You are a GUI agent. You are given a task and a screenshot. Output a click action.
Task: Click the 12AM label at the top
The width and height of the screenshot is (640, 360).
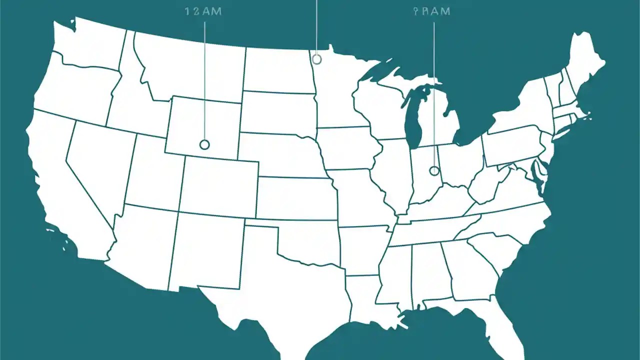pos(204,12)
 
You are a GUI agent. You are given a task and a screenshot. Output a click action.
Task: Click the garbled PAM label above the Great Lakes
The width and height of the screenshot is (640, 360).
pos(432,12)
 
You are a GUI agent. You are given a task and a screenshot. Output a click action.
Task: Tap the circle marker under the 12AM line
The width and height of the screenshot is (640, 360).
pos(204,144)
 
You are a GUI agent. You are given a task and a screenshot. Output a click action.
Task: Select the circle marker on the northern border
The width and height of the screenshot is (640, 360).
pos(316,59)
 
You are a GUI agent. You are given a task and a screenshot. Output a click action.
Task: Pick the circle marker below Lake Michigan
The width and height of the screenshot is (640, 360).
pos(434,171)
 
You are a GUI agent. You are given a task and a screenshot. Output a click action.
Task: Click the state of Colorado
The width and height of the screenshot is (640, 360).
pos(217,185)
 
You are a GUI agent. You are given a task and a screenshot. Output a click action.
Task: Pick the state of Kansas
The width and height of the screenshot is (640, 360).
pos(295,197)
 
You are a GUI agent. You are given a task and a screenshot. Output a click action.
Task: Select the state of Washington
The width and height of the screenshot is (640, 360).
pos(87,45)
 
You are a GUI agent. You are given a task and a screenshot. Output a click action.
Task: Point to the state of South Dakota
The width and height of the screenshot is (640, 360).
pos(277,112)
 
